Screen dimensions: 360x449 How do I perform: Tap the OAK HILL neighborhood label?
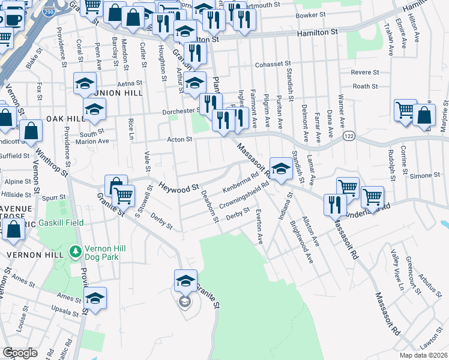point(63,118)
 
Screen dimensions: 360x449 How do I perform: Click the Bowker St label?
point(310,16)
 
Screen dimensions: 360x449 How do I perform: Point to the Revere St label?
point(366,72)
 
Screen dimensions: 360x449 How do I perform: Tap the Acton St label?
point(179,140)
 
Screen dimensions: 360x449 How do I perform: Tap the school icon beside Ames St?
point(95,298)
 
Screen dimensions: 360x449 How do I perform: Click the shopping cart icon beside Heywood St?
point(123,195)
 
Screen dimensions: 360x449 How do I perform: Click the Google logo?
point(20,353)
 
